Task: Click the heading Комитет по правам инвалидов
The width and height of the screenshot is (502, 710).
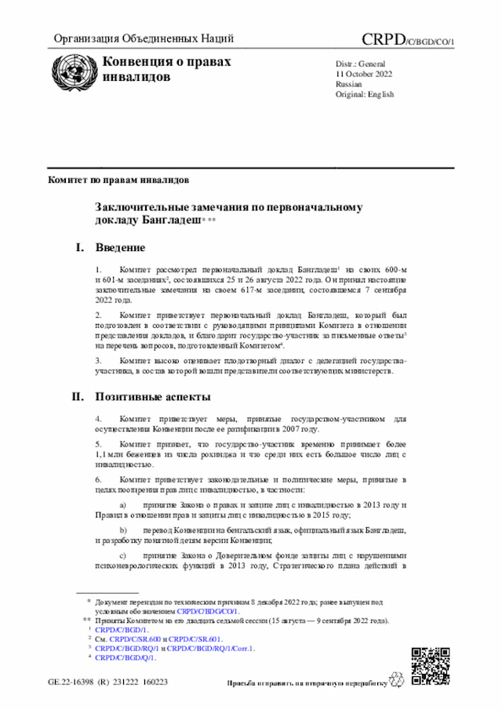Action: click(118, 180)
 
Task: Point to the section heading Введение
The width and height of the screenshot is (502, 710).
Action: click(120, 248)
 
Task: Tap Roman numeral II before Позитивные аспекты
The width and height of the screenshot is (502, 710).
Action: click(78, 397)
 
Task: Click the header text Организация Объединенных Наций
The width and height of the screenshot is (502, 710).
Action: click(144, 39)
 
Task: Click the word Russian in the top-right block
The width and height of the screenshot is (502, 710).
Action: click(349, 83)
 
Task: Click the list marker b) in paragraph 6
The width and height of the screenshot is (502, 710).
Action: click(122, 531)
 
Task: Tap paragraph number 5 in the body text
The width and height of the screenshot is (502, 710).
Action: click(98, 443)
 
